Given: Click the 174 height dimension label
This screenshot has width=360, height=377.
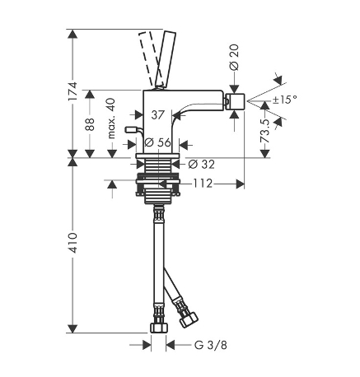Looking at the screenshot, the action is click(x=73, y=91).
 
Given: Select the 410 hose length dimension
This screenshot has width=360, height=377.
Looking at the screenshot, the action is click(x=73, y=243).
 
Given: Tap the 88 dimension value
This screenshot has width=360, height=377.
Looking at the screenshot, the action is click(x=90, y=124).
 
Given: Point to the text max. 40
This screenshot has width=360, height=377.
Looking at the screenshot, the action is click(x=111, y=119).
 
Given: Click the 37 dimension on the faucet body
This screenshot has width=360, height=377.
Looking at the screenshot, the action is click(x=157, y=115).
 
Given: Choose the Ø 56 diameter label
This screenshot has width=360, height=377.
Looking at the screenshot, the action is click(x=158, y=142).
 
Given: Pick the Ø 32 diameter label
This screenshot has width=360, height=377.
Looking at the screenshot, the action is click(x=202, y=165).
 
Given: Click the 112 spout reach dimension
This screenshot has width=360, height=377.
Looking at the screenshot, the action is click(x=203, y=184).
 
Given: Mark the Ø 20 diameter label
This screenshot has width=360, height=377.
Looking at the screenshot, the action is click(x=234, y=57).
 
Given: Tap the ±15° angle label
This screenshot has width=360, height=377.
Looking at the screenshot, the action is click(x=285, y=99).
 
